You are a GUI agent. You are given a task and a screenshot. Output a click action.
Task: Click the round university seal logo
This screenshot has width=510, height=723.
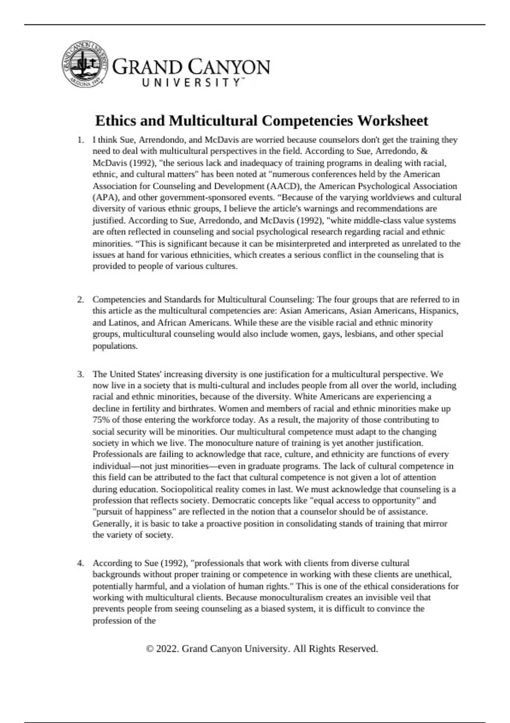point(84,65)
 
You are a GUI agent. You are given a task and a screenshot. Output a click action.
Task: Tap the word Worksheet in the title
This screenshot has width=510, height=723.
point(392,121)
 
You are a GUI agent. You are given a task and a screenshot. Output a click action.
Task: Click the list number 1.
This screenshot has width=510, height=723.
point(80,140)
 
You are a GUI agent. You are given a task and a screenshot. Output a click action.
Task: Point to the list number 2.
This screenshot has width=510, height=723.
point(80,299)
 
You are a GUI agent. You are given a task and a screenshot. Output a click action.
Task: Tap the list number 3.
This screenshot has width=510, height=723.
point(80,374)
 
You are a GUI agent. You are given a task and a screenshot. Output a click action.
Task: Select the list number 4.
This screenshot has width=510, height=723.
point(80,563)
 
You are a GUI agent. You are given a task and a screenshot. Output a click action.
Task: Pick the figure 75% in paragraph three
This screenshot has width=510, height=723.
point(101,420)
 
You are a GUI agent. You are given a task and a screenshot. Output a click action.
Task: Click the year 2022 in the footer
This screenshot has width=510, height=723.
point(167,649)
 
